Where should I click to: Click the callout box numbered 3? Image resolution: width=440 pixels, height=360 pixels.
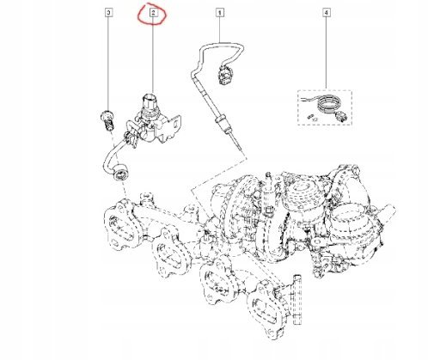click(x=108, y=13)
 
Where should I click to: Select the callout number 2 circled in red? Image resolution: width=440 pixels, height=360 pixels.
click(x=153, y=13)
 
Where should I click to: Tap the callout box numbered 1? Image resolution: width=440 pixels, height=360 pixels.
click(x=220, y=13)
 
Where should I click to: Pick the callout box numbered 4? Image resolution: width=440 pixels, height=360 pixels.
click(x=327, y=13)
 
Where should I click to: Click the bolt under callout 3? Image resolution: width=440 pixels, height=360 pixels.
click(x=108, y=120)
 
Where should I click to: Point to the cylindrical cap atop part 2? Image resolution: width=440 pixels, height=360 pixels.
click(x=150, y=101)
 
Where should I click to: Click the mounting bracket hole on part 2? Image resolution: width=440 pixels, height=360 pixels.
click(x=174, y=123)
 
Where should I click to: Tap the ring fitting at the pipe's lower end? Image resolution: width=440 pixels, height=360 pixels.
click(x=121, y=174)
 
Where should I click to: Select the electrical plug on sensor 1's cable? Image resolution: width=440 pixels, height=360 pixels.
click(x=224, y=75)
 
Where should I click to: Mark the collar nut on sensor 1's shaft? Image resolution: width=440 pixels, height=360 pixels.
click(x=222, y=119)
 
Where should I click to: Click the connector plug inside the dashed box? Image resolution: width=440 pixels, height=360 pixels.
click(x=341, y=117)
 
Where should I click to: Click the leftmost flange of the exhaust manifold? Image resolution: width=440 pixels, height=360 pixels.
click(x=121, y=225)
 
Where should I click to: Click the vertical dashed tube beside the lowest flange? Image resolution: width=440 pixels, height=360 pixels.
click(x=296, y=300)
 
